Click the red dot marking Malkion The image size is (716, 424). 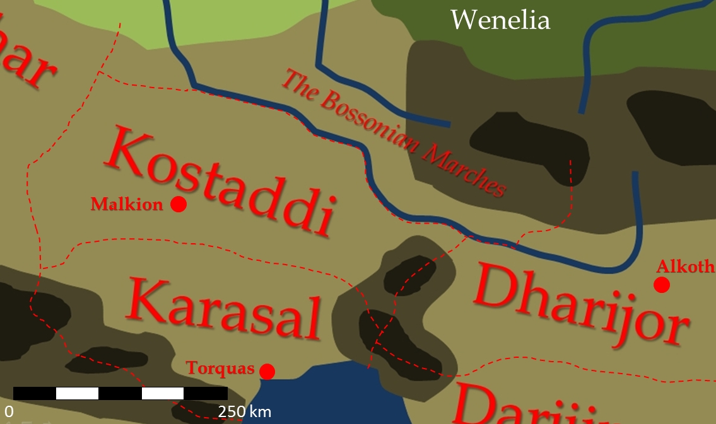tap(179, 204)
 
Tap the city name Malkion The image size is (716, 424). tap(127, 204)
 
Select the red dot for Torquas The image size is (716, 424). tap(267, 372)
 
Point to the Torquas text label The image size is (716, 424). tap(220, 369)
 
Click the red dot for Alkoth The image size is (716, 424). tap(661, 285)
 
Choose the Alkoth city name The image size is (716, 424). tap(685, 266)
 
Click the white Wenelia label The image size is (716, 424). tap(500, 20)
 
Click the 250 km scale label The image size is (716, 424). tap(245, 412)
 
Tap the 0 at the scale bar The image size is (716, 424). tap(9, 412)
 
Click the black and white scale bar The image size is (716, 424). tap(120, 393)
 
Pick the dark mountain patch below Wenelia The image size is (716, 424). tap(530, 145)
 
